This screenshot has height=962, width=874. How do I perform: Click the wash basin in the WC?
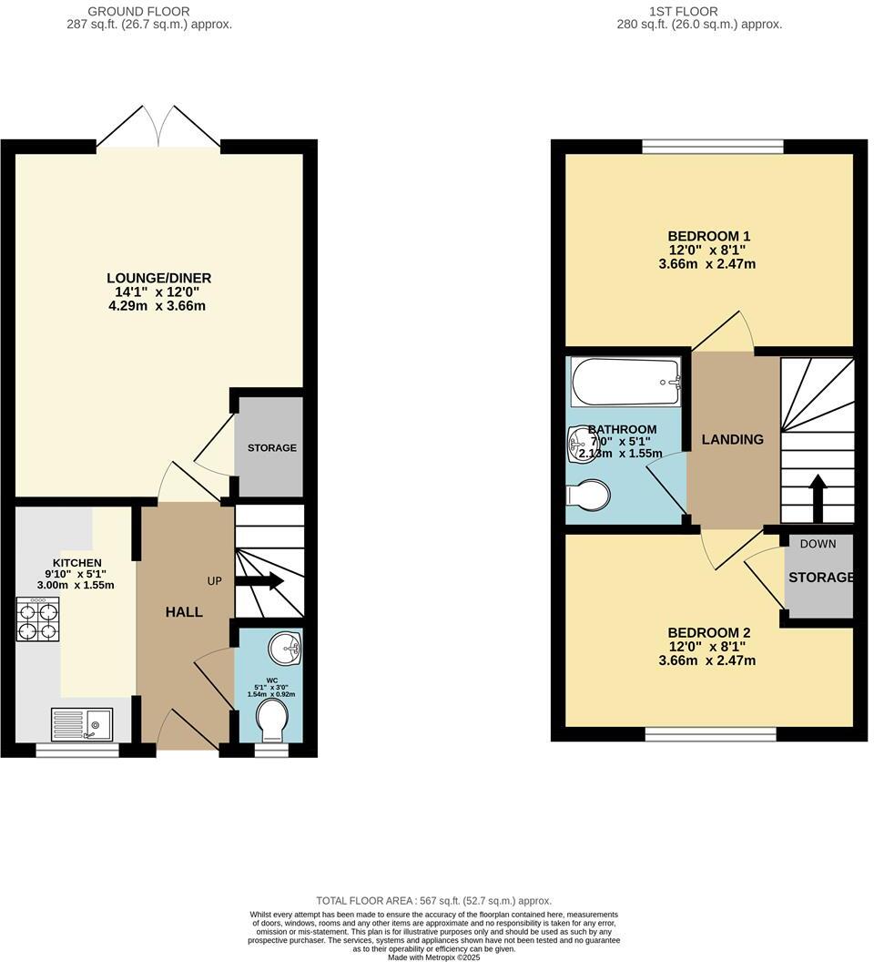287,650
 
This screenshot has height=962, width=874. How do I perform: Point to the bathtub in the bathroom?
625,382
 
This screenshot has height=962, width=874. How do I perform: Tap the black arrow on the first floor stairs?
817,496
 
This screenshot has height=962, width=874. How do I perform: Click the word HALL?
184,612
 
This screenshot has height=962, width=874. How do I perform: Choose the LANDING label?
732,439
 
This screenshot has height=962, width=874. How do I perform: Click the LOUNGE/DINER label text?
159,278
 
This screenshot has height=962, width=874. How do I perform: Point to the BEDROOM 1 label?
708,236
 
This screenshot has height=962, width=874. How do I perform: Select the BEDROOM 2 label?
708,633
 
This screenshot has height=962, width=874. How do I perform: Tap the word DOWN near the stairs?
818,544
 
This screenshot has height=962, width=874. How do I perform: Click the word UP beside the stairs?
215,580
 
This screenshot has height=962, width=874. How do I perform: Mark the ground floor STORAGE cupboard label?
272,448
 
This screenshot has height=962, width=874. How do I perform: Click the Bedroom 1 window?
713,146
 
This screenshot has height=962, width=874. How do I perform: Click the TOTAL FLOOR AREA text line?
433,900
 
